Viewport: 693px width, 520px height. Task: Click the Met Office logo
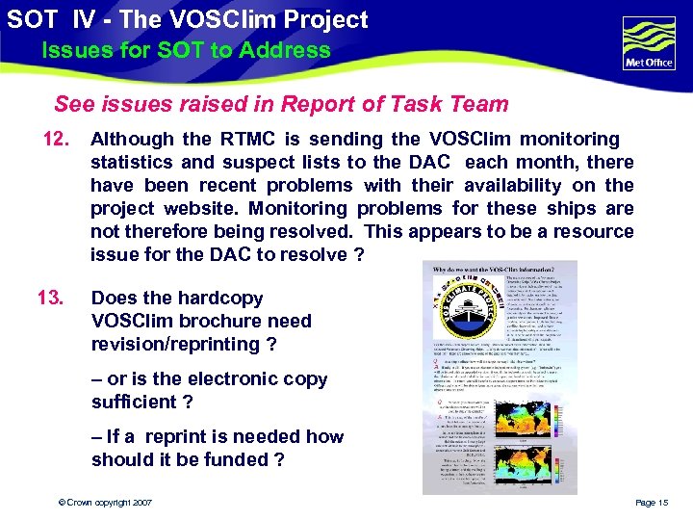(x=649, y=43)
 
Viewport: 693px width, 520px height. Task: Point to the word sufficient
(x=134, y=402)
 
